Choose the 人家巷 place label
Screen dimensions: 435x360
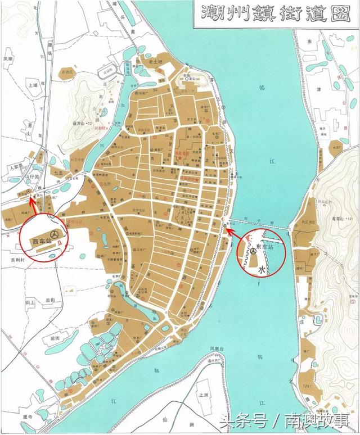point(15,166)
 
